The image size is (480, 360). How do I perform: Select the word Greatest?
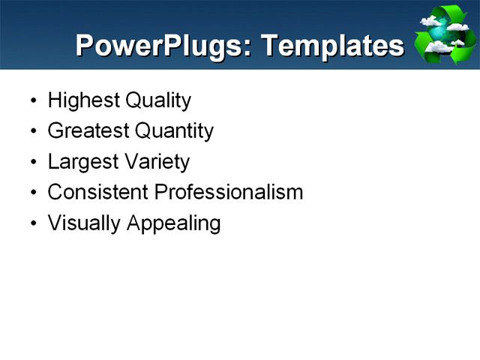click(x=88, y=131)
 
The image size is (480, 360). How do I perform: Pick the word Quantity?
click(x=174, y=131)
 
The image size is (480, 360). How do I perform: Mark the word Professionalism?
click(x=229, y=192)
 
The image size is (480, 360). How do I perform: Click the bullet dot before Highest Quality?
click(x=31, y=101)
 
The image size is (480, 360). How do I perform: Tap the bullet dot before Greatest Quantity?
click(x=31, y=132)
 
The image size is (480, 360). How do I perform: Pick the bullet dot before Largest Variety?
click(x=31, y=163)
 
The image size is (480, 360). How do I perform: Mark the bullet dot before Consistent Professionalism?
click(x=31, y=193)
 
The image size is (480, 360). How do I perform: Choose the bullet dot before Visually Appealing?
click(x=31, y=224)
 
